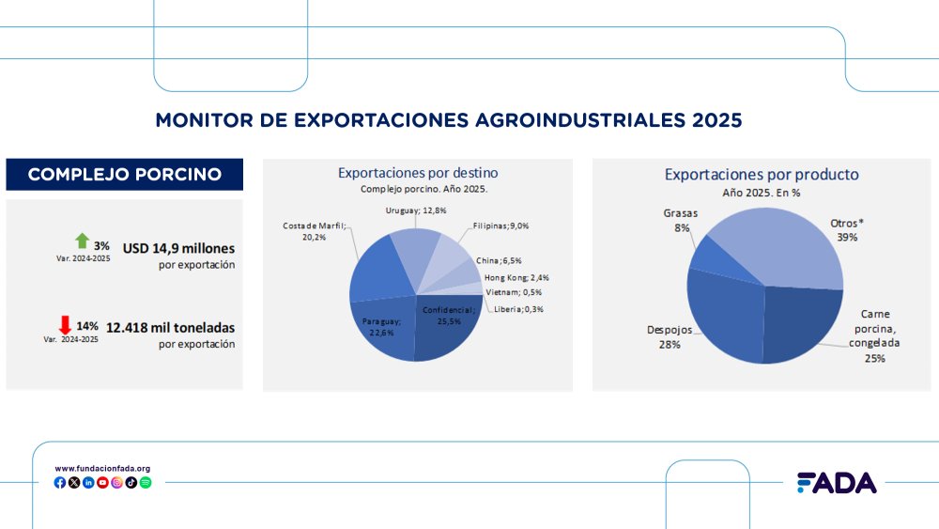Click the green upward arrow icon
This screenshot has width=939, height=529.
click(82, 241)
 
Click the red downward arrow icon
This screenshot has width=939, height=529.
click(65, 325)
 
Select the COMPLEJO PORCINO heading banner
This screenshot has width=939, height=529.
click(125, 174)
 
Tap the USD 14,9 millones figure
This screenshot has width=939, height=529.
click(178, 248)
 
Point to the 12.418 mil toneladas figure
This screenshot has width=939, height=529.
click(170, 328)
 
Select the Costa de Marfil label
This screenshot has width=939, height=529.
click(315, 231)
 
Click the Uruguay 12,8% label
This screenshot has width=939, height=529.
click(415, 210)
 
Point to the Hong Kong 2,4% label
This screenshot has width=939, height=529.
click(516, 277)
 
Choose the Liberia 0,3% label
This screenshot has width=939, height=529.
click(519, 309)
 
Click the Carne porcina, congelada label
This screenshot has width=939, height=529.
click(874, 335)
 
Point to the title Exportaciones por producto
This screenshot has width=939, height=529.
click(762, 174)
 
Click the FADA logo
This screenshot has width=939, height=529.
click(836, 482)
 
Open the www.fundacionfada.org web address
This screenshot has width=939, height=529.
click(102, 468)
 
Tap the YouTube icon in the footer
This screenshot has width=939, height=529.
click(102, 482)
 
